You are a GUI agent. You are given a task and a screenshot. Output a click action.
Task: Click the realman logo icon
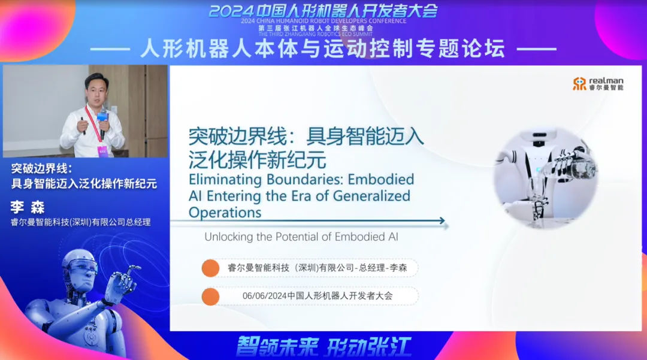579,84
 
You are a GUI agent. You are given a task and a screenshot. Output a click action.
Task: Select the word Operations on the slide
225,213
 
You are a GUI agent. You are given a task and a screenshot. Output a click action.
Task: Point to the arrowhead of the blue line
442,220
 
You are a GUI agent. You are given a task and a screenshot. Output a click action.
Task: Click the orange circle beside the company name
210,268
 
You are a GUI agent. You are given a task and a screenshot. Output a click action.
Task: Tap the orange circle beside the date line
210,297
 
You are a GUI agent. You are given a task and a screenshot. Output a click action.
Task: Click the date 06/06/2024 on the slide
265,296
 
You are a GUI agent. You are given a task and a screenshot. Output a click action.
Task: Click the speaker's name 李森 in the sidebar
28,207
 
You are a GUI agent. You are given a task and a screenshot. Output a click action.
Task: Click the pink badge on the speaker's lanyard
102,150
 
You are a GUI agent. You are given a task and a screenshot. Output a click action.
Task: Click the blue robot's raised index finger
133,270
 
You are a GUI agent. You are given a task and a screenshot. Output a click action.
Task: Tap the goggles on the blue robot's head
83,265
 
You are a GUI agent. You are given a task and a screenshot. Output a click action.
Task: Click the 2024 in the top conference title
230,11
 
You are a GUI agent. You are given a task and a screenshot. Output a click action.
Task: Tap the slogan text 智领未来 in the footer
277,346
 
